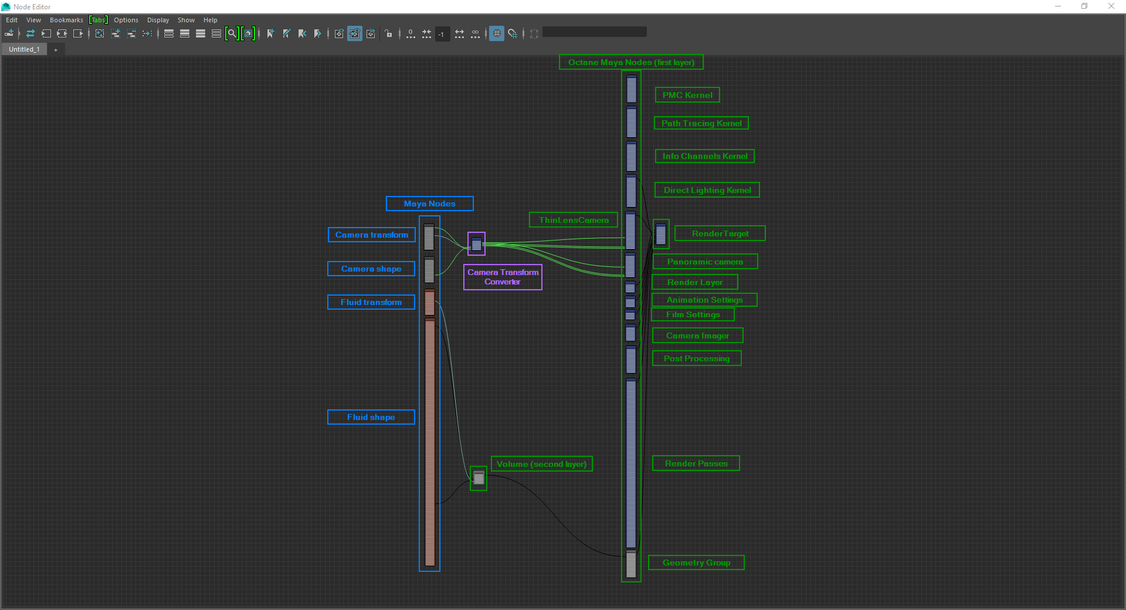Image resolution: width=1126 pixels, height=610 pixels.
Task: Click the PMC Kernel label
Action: pos(687,95)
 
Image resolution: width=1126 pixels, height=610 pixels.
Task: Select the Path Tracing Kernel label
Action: pos(701,123)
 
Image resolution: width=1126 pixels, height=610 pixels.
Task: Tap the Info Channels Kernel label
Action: pos(704,156)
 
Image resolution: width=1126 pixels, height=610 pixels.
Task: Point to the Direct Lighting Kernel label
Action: pos(707,190)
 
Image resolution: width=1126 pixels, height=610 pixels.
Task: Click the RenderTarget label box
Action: pos(720,233)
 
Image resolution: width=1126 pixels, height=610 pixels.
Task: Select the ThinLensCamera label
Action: pos(574,220)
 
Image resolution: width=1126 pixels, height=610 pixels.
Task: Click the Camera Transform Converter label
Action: pos(503,277)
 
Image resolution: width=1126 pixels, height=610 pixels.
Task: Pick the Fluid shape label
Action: pos(371,417)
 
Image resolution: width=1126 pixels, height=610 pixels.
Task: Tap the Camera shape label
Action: pos(371,269)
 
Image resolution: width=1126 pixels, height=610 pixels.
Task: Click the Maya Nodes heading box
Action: pos(429,204)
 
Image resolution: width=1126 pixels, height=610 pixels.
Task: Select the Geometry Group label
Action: pos(696,562)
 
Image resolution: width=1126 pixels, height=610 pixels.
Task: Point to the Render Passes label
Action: pos(696,463)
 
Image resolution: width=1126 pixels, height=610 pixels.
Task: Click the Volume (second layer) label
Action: pos(541,464)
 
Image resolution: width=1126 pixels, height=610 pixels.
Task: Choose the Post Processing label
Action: pos(697,358)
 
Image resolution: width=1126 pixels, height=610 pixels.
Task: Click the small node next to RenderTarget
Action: pos(661,234)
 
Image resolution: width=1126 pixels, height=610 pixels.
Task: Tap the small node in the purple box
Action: pos(476,244)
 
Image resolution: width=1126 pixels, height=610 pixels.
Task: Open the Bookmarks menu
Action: pos(66,20)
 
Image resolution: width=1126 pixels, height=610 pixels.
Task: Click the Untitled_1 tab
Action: pos(24,49)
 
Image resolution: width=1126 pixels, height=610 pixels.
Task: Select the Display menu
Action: pos(158,20)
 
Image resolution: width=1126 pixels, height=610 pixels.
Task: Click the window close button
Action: pos(1111,6)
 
